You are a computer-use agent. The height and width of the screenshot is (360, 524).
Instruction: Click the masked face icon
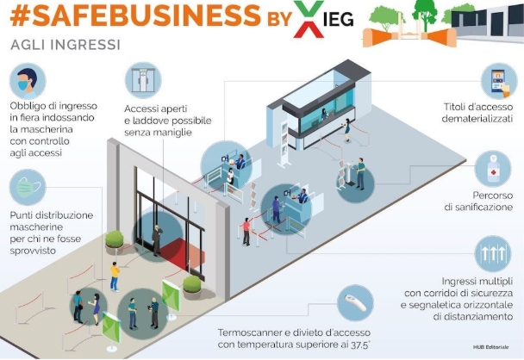point(28,81)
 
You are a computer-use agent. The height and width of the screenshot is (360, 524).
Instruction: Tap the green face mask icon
point(28,188)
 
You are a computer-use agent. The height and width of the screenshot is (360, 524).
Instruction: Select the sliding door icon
point(143,80)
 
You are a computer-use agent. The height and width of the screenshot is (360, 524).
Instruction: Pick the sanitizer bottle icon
point(493,169)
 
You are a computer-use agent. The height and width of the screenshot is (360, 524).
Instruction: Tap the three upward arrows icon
point(493,254)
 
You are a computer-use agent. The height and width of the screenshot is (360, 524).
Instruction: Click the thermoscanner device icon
point(355,303)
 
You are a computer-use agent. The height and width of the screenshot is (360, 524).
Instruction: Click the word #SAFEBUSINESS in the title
point(135,16)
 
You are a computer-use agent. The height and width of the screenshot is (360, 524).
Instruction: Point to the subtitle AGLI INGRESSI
point(65,45)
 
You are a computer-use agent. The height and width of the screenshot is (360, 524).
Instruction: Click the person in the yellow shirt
point(115,276)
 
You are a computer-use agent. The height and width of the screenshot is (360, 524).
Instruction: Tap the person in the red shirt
point(246,232)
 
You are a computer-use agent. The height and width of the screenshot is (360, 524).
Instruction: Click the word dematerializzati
point(477,119)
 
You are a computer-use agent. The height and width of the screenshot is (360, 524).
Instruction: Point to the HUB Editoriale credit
point(491,347)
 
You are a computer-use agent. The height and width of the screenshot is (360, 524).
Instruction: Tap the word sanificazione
point(478,207)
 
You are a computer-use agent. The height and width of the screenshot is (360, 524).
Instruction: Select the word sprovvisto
point(33,251)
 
